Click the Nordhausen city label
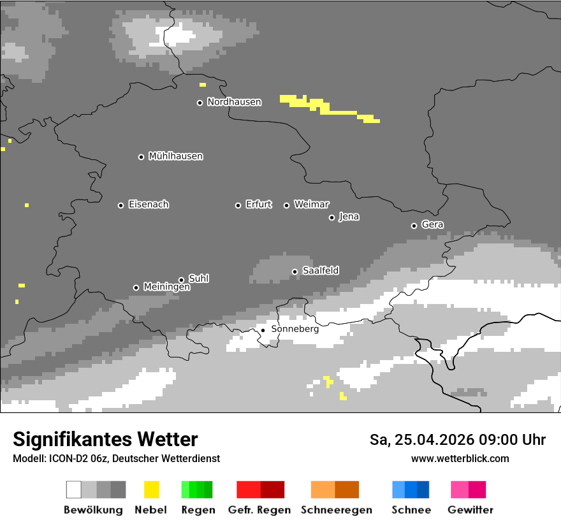[x=234, y=102]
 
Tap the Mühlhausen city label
[x=175, y=156]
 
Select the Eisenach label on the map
[x=149, y=205]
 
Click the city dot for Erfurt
[x=238, y=205]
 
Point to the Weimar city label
[x=311, y=205]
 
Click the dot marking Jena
[x=331, y=217]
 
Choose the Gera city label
[x=432, y=224]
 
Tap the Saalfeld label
[x=320, y=271]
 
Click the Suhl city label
[x=198, y=279]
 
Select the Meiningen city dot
[x=136, y=287]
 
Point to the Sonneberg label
[x=295, y=330]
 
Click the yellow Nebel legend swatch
[x=151, y=489]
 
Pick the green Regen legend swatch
[x=197, y=489]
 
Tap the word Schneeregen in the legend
[x=337, y=510]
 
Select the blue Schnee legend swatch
[x=411, y=489]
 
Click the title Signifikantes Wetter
[x=105, y=439]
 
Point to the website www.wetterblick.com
[x=460, y=458]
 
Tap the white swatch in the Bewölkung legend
[x=74, y=489]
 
